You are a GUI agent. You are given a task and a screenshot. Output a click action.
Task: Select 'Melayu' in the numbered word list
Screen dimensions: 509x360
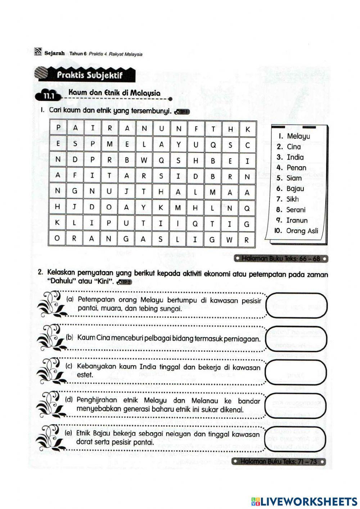298,136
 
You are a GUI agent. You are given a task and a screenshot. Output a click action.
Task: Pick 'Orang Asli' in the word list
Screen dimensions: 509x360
302,231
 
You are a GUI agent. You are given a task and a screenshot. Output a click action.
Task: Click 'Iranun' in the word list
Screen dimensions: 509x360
297,220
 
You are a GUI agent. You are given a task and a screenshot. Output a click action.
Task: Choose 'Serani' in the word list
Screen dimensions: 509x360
296,210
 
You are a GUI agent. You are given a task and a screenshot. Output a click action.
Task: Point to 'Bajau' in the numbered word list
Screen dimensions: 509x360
295,188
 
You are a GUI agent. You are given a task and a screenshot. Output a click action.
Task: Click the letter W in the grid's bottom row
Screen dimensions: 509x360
229,240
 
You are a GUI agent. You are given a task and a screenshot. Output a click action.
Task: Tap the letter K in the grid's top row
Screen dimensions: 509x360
247,129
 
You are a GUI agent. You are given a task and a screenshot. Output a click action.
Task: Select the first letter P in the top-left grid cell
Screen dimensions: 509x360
58,128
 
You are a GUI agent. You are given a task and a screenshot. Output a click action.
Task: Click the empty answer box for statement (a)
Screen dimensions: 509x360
297,305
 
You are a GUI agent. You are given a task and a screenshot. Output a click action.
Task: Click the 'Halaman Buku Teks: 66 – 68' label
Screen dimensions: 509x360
280,259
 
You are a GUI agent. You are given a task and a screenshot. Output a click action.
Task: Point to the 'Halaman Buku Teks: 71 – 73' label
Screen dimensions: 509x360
279,462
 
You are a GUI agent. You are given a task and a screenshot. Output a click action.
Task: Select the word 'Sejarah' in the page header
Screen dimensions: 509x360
55,53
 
